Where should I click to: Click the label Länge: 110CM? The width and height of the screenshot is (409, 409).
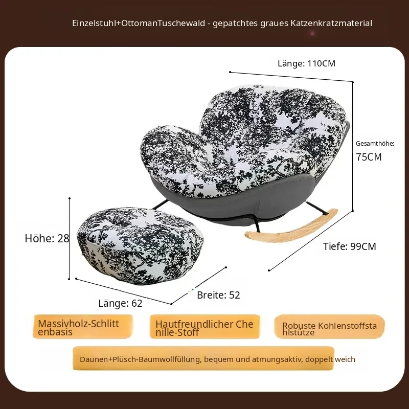[x=306, y=63]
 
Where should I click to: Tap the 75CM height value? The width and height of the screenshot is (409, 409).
[x=369, y=157]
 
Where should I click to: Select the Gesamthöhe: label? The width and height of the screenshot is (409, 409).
[x=375, y=144]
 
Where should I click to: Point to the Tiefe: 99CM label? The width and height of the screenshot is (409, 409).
[x=350, y=246]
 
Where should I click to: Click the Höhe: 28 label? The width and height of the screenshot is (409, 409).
[x=47, y=238]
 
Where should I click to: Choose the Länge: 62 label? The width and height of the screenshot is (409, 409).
[x=120, y=303]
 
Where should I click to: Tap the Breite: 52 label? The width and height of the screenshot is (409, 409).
[x=218, y=295]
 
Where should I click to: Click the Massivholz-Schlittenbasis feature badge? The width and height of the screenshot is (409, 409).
[x=83, y=327]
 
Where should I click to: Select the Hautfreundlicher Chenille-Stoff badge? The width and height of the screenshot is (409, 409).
[x=205, y=327]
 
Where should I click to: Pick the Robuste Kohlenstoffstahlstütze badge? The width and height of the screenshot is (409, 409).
[x=329, y=327]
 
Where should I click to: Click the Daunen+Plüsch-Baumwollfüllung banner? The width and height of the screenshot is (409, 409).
[x=203, y=358]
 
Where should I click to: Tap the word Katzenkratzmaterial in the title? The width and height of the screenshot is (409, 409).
[x=331, y=23]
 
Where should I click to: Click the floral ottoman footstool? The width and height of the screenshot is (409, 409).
[x=140, y=245]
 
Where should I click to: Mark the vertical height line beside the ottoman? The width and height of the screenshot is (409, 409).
[x=70, y=239]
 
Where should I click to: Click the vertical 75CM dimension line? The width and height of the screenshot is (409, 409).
[x=353, y=147]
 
